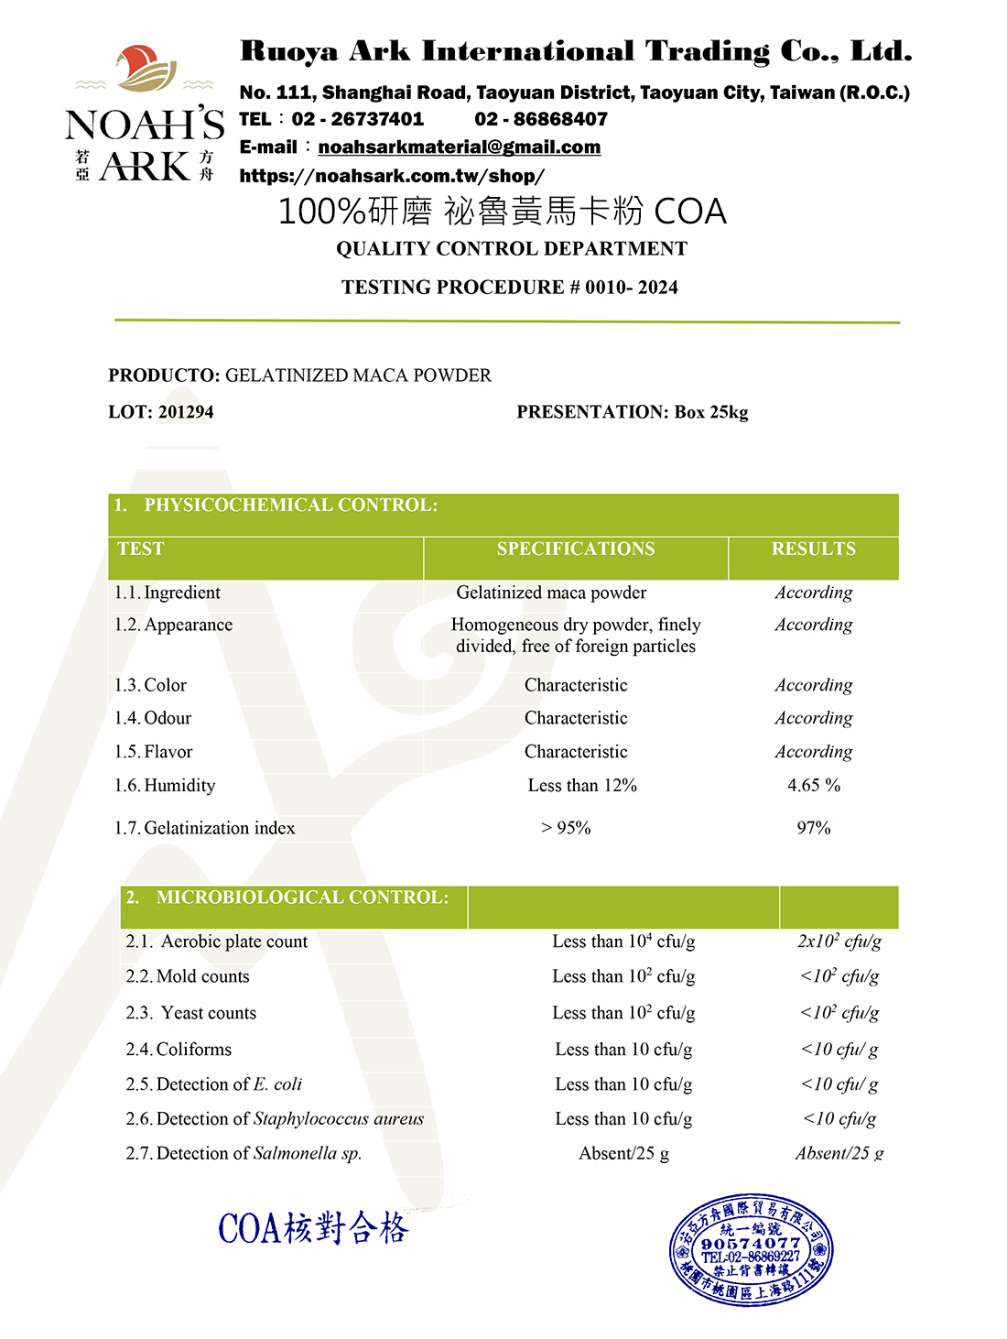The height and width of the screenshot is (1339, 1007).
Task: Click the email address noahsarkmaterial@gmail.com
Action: coord(460,147)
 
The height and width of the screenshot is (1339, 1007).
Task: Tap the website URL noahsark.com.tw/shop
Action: coord(392,176)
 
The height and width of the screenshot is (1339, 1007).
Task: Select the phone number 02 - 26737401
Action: coord(357,119)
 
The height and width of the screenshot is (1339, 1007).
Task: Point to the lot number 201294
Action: coord(186,412)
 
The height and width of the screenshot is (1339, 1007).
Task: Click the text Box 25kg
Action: coord(711,412)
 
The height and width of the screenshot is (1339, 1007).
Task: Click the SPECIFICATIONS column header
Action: coord(576,549)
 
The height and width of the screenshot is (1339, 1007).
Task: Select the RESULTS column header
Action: coord(814,549)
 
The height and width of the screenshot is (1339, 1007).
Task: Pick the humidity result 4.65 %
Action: coord(814,785)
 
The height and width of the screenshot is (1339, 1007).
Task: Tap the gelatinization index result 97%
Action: coord(814,828)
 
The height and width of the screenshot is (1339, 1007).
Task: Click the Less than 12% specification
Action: coord(582,785)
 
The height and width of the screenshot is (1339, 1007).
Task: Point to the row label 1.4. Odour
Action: coord(154,718)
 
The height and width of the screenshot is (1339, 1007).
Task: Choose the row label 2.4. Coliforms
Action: coord(179,1050)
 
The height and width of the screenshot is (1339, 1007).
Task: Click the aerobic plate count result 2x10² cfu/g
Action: coord(839,942)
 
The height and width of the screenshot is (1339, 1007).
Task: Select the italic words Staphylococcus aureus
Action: coord(339,1119)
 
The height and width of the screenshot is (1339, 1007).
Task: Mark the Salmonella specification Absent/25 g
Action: coord(623,1154)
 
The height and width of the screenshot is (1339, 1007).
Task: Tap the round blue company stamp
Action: coord(752,1249)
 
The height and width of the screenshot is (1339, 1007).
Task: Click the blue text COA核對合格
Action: coord(313,1228)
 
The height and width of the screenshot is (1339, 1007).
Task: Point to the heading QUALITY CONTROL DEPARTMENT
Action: coord(512,249)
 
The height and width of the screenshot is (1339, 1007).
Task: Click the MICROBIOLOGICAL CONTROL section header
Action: coord(302,898)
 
